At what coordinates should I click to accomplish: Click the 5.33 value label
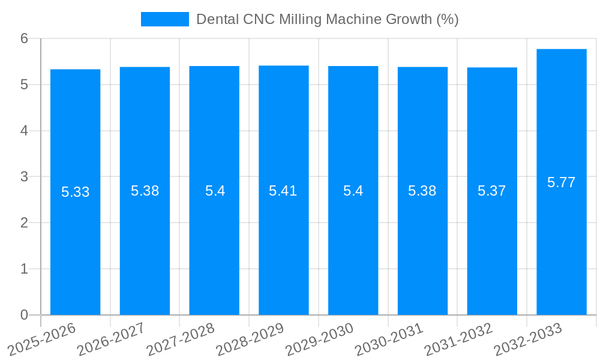coord(75,192)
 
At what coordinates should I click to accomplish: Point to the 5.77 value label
coord(561,182)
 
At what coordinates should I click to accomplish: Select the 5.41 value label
coord(283,191)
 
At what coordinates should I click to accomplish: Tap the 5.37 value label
coord(491,191)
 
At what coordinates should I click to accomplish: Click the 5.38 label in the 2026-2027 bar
coord(145,191)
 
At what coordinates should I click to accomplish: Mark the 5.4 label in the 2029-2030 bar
coord(353,191)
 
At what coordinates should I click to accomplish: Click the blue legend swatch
coord(164,19)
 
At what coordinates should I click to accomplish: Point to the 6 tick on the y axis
coord(24,38)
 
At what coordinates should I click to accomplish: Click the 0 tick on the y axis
coord(24,315)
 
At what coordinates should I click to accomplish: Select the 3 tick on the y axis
coord(24,177)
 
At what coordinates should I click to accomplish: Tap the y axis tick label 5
coord(24,85)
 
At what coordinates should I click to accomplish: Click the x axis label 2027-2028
coord(181,339)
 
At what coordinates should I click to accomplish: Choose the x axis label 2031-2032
coord(458,339)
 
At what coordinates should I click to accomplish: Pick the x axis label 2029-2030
coord(319,339)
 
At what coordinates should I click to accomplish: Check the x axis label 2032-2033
coord(528,339)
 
